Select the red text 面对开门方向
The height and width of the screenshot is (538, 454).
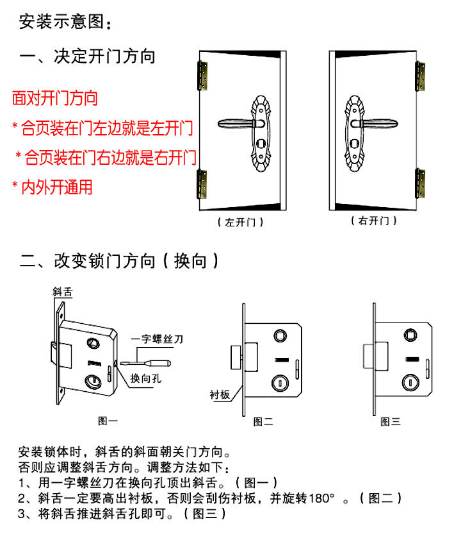click(55, 98)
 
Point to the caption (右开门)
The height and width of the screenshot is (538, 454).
click(374, 221)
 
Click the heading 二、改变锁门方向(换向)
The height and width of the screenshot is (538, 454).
click(120, 261)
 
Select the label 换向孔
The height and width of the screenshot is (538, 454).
click(145, 377)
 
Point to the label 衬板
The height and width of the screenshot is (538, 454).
click(219, 394)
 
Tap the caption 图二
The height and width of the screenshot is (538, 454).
click(263, 421)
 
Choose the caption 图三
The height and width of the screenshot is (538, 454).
click(390, 421)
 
